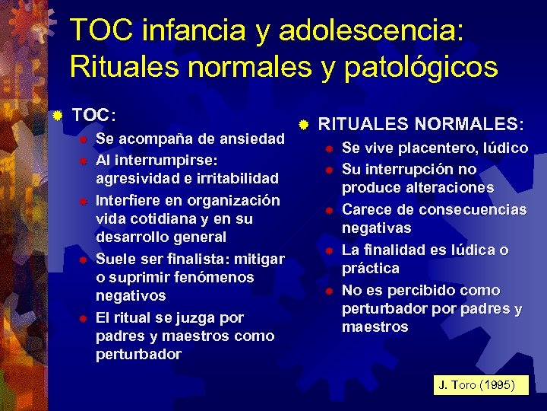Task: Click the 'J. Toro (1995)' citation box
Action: (476, 385)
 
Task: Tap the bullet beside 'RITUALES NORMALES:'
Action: (302, 123)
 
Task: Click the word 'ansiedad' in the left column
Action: (251, 139)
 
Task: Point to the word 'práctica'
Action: (370, 268)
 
